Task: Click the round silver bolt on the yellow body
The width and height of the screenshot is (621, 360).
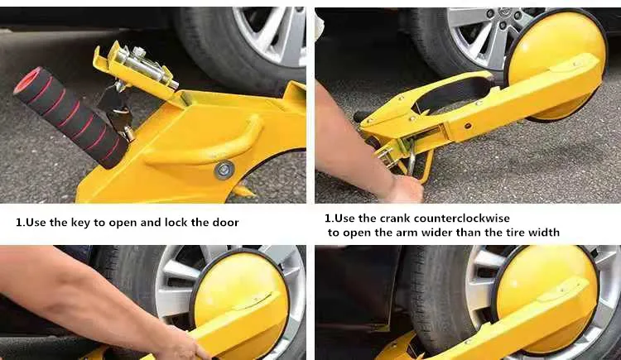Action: click(x=224, y=170)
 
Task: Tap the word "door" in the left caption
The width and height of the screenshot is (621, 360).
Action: click(x=224, y=223)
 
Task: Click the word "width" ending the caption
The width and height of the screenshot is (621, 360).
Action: click(x=543, y=233)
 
